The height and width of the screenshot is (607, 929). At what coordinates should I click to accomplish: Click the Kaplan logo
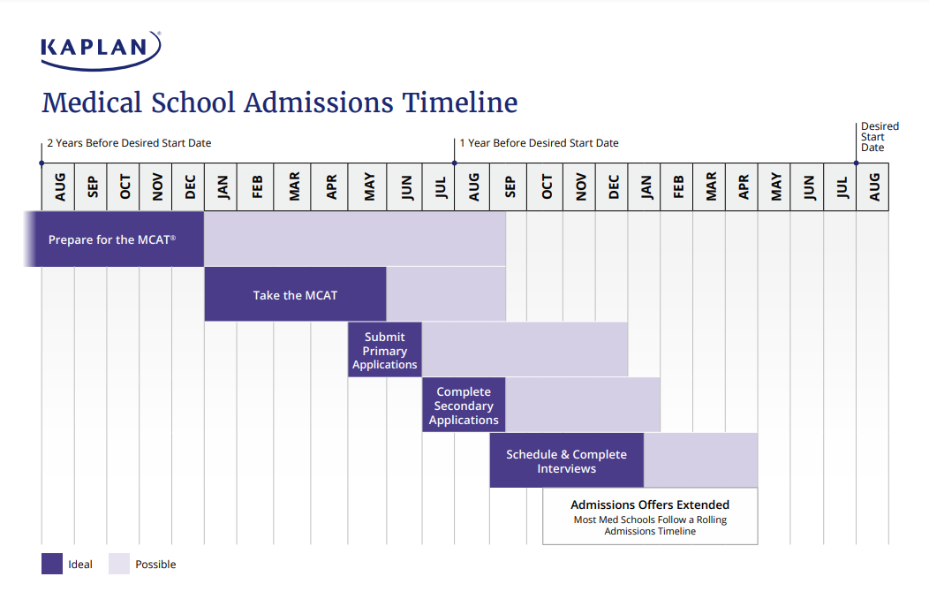coord(101,49)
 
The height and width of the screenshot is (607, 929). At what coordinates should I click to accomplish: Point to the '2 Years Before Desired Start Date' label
coord(129,143)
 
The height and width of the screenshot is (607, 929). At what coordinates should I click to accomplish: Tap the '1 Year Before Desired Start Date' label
coord(539,143)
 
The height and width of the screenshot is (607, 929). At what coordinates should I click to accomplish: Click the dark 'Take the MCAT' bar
coord(295,295)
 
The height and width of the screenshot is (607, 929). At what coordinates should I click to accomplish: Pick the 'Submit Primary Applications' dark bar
coord(384,350)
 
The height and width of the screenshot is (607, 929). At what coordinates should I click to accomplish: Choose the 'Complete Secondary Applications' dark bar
coord(464,406)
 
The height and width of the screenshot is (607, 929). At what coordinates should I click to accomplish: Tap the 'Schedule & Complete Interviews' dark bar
coord(566,460)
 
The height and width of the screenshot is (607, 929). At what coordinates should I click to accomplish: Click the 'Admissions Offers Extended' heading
coord(650,505)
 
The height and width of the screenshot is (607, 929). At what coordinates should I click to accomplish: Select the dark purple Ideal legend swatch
coord(52,564)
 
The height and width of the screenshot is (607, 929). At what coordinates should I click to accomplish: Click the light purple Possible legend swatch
coord(119,564)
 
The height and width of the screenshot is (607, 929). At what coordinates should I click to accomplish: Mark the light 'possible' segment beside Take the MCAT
coord(446,295)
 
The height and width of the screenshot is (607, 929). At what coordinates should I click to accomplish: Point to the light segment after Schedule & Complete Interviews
coord(700,460)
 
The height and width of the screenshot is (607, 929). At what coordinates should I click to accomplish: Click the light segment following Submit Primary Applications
coord(525,350)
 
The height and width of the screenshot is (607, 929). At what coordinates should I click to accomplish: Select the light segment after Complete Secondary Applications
coord(583,406)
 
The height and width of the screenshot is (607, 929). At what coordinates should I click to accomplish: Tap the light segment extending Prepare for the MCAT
coord(355,239)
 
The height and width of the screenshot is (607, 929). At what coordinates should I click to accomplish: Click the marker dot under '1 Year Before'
coord(455,163)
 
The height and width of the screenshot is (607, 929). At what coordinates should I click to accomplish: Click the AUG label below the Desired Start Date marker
coord(873,187)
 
